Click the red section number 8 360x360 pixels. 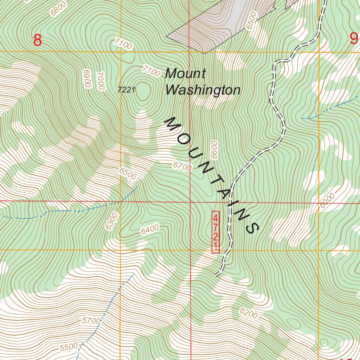[x=38, y=40]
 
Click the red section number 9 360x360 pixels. [x=354, y=38]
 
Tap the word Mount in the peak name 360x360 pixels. [x=185, y=73]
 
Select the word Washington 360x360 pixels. [x=203, y=90]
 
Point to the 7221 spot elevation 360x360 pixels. [x=127, y=90]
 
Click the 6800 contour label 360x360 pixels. [x=58, y=8]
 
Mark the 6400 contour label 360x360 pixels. [x=149, y=230]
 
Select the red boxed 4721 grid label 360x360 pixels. [x=216, y=232]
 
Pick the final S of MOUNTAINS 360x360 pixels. [x=253, y=227]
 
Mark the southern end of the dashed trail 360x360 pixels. [x=216, y=275]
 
